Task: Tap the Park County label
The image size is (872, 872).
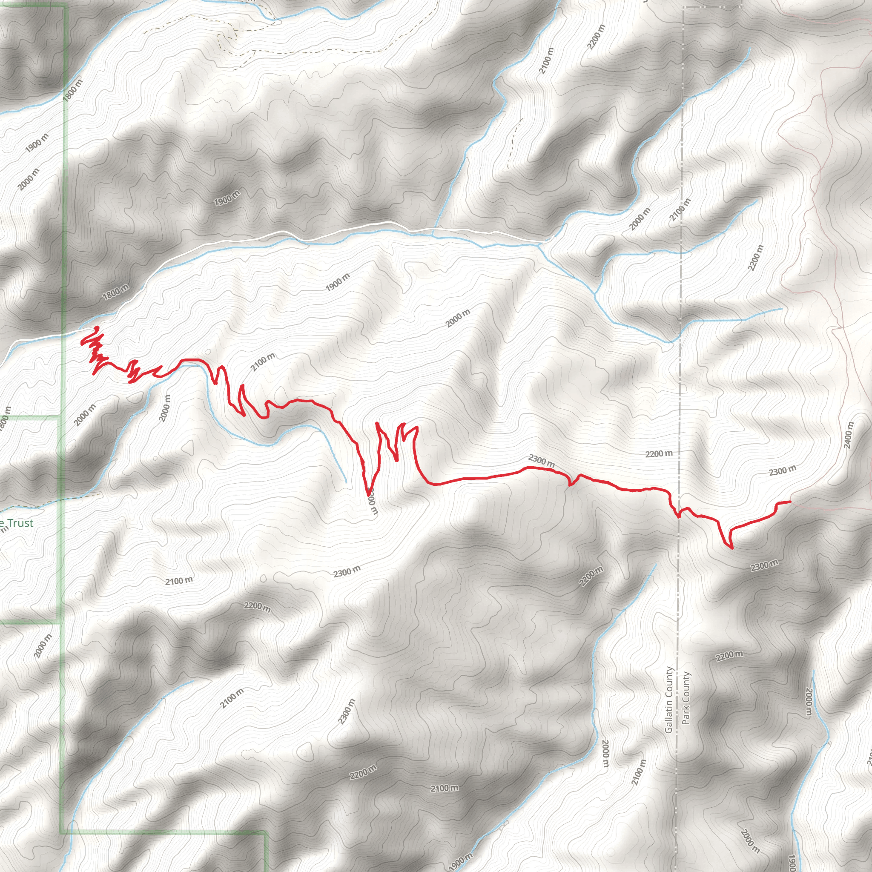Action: pos(686,698)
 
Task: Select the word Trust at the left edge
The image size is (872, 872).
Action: pos(20,523)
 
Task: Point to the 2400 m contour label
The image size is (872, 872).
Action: pos(849,435)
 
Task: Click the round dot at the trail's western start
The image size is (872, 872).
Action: pos(97,328)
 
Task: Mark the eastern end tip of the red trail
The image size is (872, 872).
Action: pos(790,502)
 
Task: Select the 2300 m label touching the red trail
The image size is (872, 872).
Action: pos(541,461)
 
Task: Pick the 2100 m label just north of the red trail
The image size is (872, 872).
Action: pos(263,362)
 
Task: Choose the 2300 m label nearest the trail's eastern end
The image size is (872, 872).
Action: pos(783,471)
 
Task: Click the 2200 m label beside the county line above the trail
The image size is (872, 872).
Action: pos(659,453)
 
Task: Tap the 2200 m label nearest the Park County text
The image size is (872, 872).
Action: pos(729,655)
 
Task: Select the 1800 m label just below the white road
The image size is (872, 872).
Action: pos(115,293)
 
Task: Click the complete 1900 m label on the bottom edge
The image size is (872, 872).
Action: pos(461,861)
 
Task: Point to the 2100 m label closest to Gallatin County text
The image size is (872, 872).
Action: pos(639,772)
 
